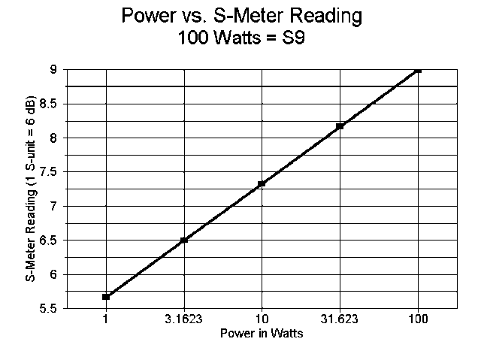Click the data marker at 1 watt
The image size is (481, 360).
tap(106, 297)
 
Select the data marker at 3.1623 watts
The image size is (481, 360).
tap(184, 240)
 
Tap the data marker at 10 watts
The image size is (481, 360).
tap(262, 183)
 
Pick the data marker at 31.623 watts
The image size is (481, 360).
tap(340, 126)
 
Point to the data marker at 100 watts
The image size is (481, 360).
tap(418, 69)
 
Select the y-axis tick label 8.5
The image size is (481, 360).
tap(50, 103)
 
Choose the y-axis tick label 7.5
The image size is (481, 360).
tap(50, 171)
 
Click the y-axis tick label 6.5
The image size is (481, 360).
tap(50, 240)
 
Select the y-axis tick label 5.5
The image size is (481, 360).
tap(50, 308)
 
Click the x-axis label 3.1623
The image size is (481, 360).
tap(184, 319)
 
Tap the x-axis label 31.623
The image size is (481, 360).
tap(340, 319)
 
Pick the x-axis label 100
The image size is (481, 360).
tap(418, 319)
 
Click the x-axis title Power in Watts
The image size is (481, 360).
tap(262, 333)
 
